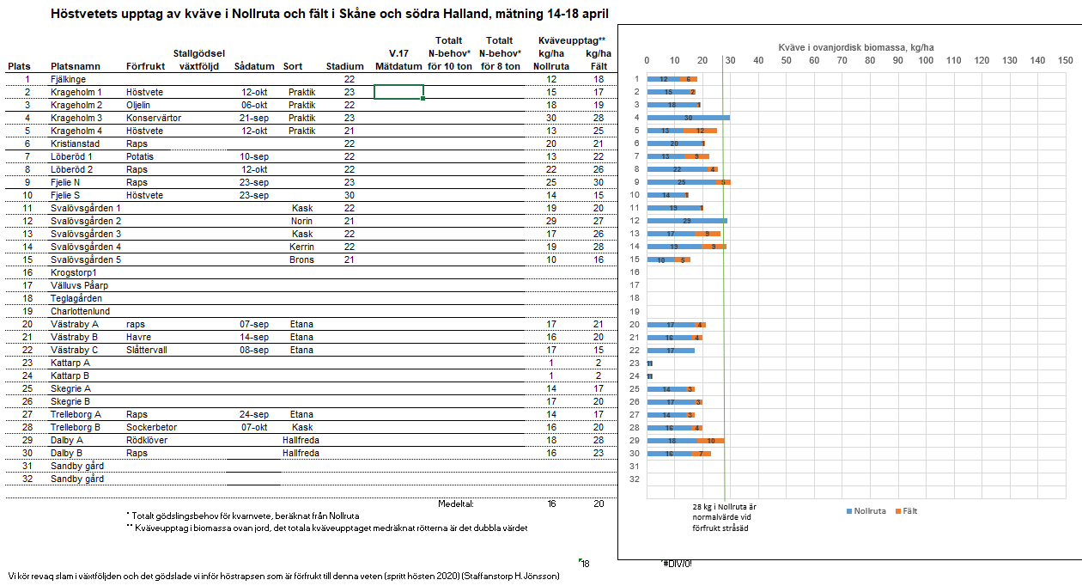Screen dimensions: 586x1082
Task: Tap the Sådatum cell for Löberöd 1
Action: point(254,156)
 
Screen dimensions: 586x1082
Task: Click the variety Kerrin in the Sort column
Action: point(301,247)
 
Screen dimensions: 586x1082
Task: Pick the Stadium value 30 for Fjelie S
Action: point(349,195)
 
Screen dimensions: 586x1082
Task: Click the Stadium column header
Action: point(344,66)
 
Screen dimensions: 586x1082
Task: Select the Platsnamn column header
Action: point(76,66)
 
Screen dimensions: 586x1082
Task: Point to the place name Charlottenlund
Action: point(82,311)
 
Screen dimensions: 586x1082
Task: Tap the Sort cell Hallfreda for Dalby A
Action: point(301,440)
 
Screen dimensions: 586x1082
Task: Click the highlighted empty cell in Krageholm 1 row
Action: point(398,92)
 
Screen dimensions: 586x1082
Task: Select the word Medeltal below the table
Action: point(456,504)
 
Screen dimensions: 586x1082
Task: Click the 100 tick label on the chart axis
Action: point(926,60)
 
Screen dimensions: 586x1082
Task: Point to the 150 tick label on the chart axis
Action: point(1066,60)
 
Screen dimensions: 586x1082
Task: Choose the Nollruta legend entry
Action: point(869,511)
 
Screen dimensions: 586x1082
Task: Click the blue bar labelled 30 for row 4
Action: point(688,118)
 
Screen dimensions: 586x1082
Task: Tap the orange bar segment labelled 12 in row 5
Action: point(700,131)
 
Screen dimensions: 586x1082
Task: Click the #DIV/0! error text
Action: point(677,564)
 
